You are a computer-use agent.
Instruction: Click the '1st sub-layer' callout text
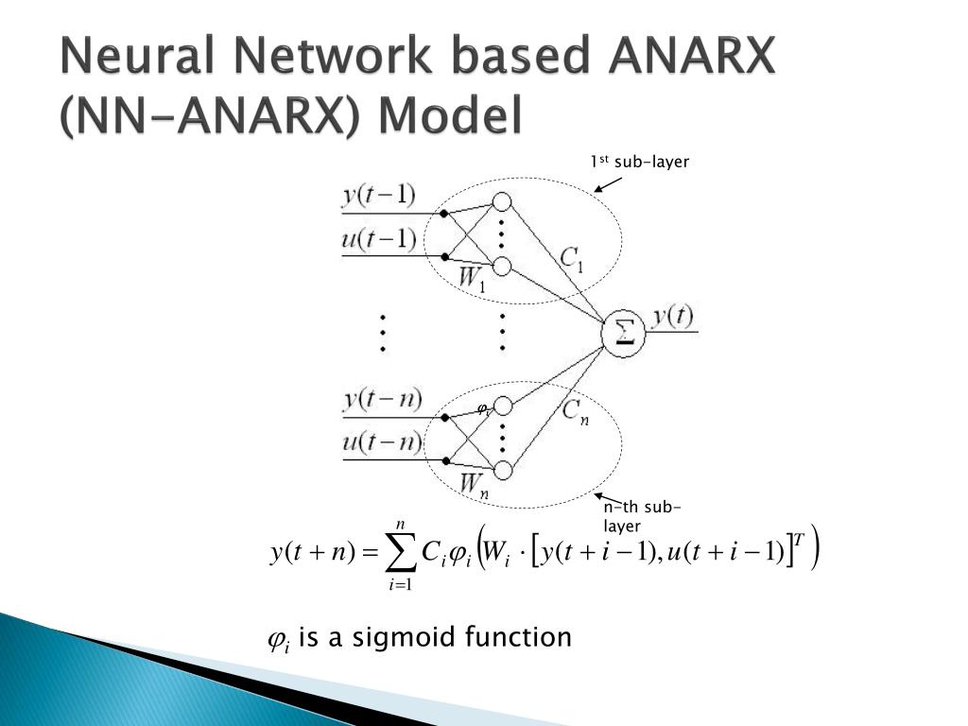640,163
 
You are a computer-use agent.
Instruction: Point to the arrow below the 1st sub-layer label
608,184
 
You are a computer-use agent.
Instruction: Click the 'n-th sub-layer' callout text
642,516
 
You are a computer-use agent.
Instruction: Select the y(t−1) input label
378,195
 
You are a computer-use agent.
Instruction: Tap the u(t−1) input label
378,238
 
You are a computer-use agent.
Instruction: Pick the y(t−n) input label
381,399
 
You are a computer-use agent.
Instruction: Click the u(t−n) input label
381,441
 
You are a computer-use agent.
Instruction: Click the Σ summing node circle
624,333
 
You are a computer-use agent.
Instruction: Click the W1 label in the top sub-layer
472,279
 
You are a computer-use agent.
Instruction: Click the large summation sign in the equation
401,553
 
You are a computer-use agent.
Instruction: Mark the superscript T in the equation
799,540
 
